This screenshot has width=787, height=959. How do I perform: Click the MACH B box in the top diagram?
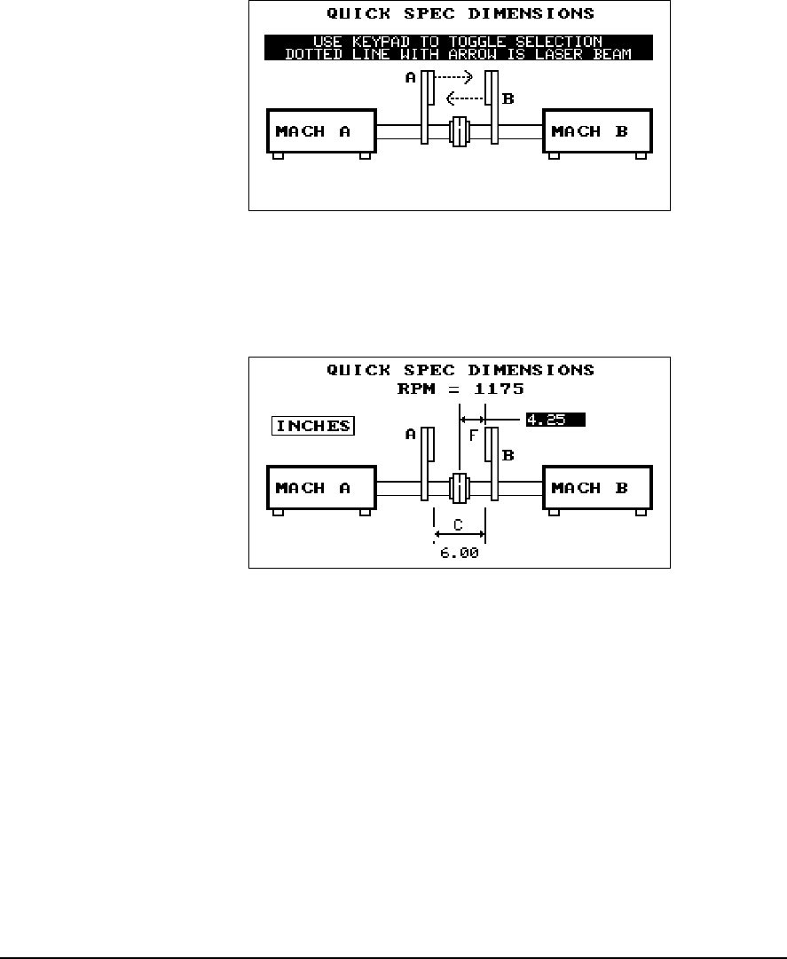pos(597,132)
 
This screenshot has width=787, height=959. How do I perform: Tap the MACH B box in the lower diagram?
pos(597,489)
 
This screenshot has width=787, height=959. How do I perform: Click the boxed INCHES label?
pos(312,426)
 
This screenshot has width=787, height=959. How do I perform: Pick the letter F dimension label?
pos(473,436)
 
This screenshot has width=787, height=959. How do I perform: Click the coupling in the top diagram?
pos(459,132)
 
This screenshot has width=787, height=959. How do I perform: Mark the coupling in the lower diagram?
pos(459,489)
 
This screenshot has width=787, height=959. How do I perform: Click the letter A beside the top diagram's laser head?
pos(411,78)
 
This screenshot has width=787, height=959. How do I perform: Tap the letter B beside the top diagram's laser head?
pos(508,99)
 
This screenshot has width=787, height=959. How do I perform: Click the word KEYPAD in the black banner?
pos(405,42)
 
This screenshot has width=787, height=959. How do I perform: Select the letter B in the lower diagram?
pos(508,456)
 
